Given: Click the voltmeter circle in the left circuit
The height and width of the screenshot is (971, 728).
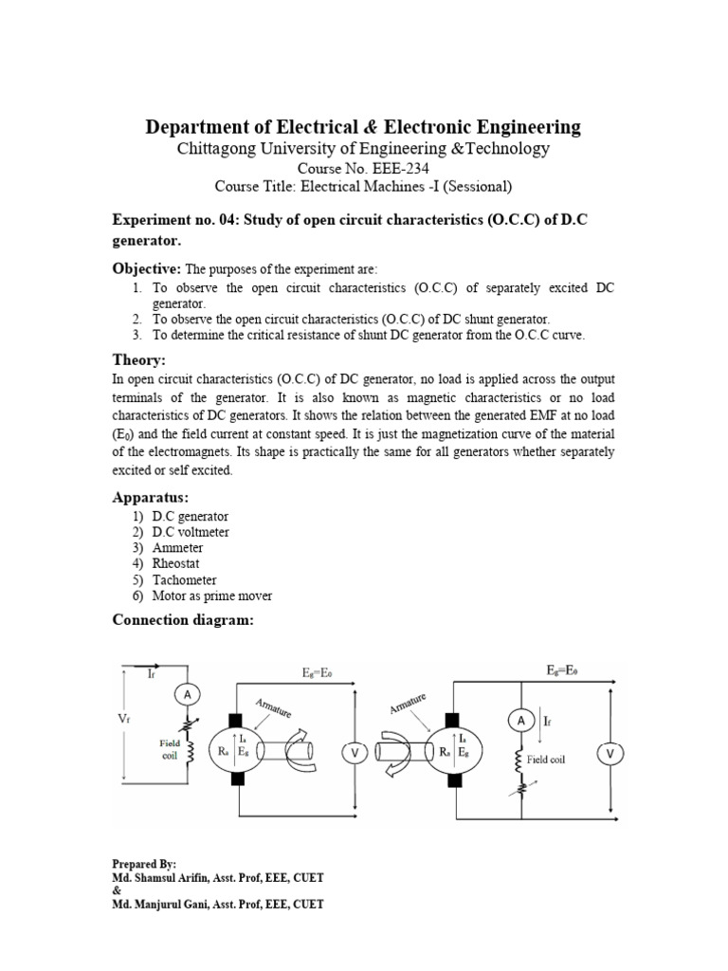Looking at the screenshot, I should [355, 752].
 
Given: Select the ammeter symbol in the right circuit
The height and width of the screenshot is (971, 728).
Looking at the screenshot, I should [519, 722].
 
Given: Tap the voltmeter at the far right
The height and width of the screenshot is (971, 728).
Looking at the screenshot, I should [610, 754].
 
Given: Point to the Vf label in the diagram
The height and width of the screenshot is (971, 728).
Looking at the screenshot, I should [123, 719].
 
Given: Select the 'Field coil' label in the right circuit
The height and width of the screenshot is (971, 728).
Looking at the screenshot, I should [546, 760].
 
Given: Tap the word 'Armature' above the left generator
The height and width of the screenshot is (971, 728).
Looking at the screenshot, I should [274, 707].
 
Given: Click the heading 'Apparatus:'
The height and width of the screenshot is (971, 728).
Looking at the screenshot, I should [150, 497].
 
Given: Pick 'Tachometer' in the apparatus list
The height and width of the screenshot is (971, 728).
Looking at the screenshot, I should [184, 579].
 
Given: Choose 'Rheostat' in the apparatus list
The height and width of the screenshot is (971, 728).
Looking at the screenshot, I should [178, 563].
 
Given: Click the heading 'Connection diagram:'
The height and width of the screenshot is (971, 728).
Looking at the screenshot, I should [183, 619].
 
